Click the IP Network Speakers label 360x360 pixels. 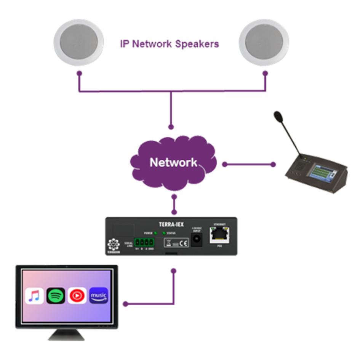(170, 44)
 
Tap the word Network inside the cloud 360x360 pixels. (173, 163)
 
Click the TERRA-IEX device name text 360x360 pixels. (171, 224)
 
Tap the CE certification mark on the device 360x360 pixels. (183, 243)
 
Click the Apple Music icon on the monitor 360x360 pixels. (34, 296)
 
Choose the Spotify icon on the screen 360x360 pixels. (56, 296)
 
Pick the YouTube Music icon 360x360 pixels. (77, 296)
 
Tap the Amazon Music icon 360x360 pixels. (99, 296)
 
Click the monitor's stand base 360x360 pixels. (67, 334)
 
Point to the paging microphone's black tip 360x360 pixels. (278, 115)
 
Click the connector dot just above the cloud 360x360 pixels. (171, 126)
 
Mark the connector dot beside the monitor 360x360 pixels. (125, 304)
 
